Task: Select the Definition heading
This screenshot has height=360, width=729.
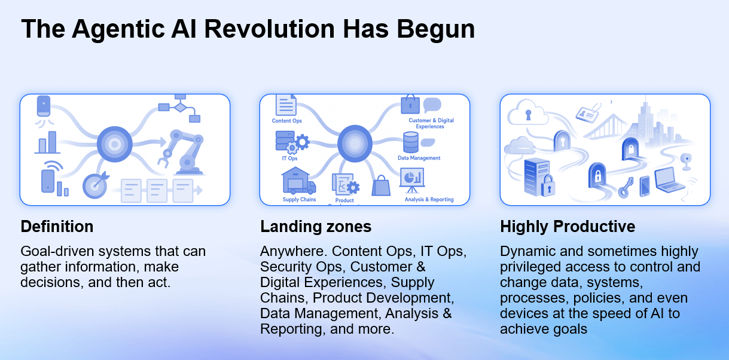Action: pos(57,227)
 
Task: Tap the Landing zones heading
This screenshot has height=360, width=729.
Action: pos(316,227)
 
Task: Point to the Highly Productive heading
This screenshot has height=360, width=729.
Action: pos(568,227)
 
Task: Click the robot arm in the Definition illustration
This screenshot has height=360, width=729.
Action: pos(182,149)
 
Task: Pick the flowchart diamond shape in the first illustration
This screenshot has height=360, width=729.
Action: pos(179,107)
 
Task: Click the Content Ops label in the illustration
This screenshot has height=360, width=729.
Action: pos(287,121)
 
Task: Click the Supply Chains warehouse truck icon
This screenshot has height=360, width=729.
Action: pos(298,181)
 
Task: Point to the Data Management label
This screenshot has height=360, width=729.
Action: pos(419,158)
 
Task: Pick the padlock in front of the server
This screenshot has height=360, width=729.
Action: pos(547,188)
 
